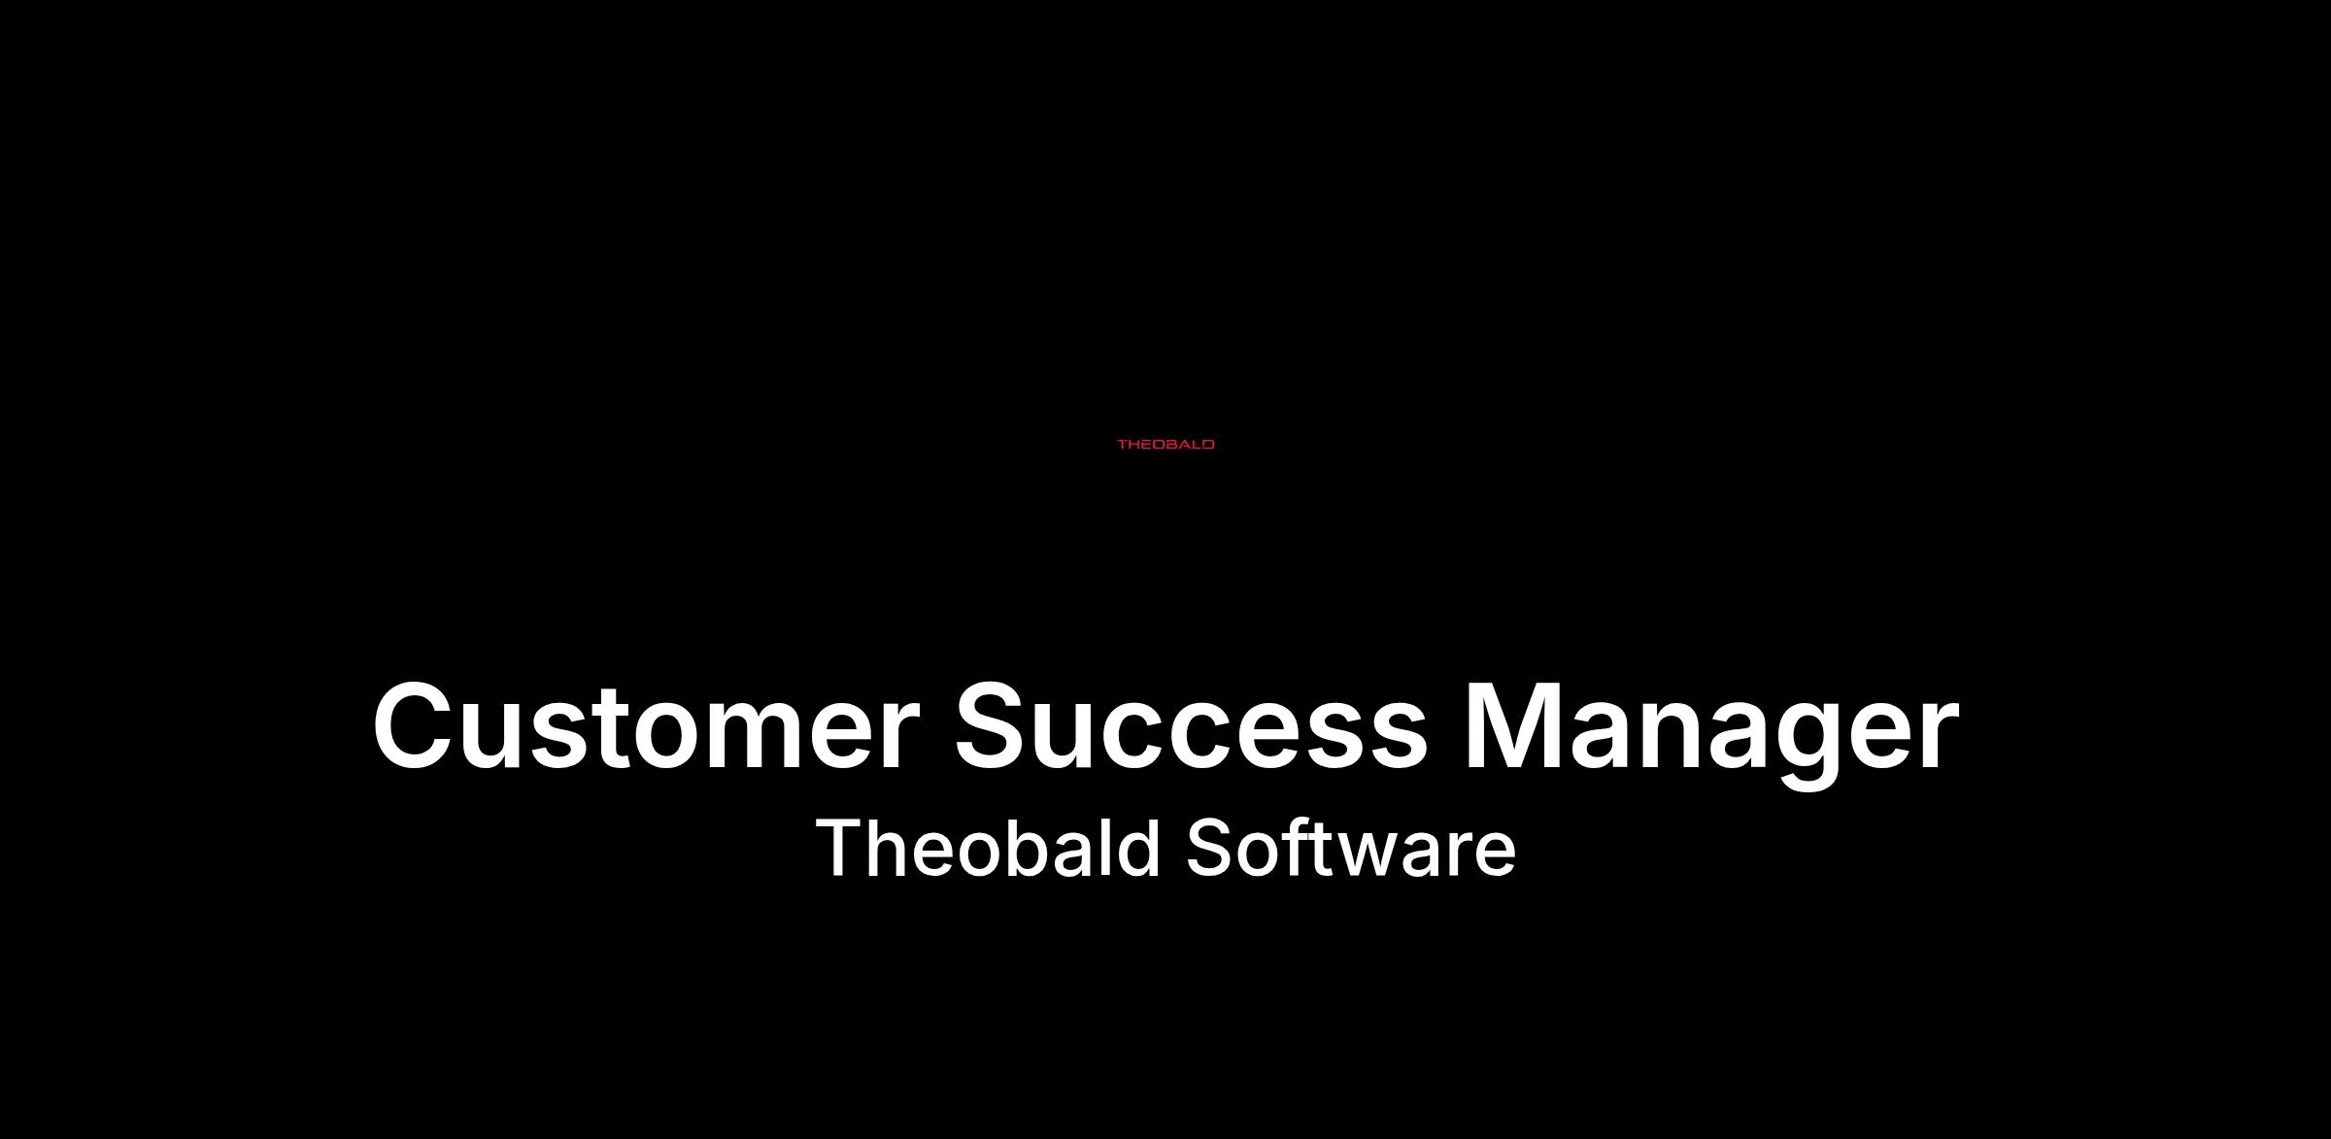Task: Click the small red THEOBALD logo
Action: (1165, 445)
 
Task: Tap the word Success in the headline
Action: (1191, 726)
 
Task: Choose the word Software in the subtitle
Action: (1351, 848)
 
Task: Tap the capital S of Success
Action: (996, 726)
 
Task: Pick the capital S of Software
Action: (1209, 848)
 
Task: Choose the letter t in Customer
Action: (611, 731)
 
